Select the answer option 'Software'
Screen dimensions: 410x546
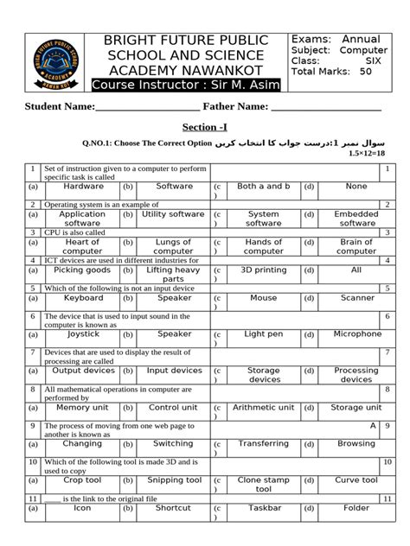[x=175, y=186]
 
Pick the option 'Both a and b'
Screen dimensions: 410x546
[x=264, y=186]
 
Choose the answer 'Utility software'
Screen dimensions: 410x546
[x=173, y=213]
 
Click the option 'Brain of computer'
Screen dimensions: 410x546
[x=356, y=247]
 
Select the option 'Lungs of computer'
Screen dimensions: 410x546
[x=173, y=247]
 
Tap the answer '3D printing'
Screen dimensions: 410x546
[x=264, y=270]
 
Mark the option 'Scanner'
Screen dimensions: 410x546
[x=356, y=297]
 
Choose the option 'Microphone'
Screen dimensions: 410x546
[x=356, y=333]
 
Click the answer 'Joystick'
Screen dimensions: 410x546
[x=83, y=333]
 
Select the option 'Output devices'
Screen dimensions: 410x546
[x=83, y=370]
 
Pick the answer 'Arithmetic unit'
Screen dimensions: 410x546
[x=264, y=407]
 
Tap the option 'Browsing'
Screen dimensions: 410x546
[x=356, y=443]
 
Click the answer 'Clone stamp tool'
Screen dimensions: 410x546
[x=264, y=484]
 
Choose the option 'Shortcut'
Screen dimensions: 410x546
[x=173, y=508]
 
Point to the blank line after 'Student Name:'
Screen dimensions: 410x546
[x=135, y=108]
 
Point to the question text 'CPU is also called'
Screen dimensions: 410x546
[x=77, y=232]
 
